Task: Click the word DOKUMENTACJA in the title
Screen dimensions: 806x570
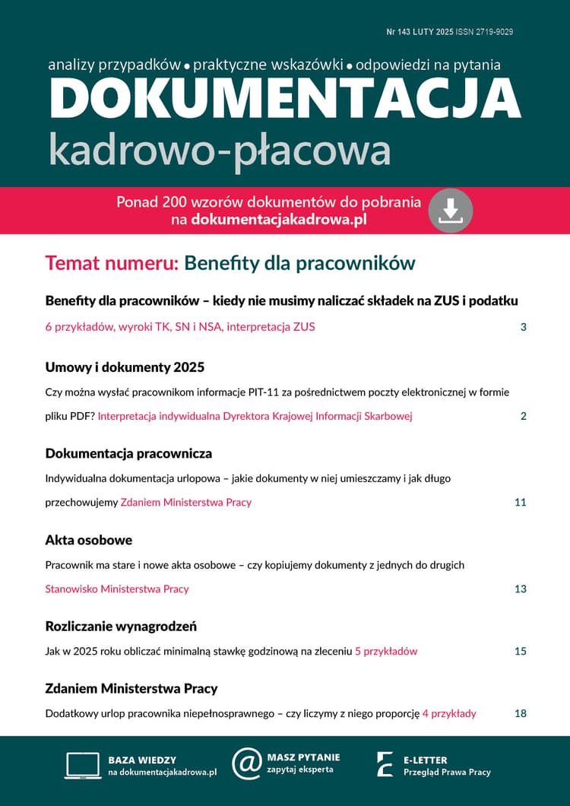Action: click(x=285, y=100)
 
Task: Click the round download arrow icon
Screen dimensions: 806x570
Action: click(x=451, y=211)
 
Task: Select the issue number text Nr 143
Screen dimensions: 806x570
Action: click(x=401, y=32)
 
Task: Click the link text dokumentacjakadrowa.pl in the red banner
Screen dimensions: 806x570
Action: click(x=279, y=220)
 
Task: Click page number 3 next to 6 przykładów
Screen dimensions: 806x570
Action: click(x=524, y=327)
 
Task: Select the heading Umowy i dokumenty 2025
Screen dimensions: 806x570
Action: click(x=125, y=367)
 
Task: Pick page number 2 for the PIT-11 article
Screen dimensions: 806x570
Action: click(x=524, y=416)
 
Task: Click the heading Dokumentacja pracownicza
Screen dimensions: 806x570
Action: click(x=128, y=454)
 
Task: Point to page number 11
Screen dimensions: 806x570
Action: click(x=520, y=503)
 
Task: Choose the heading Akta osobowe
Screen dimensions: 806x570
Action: click(x=89, y=540)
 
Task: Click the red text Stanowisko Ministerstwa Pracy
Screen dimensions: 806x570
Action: click(x=117, y=589)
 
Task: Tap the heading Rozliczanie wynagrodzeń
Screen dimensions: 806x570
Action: click(x=121, y=627)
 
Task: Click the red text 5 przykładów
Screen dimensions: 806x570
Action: click(x=386, y=652)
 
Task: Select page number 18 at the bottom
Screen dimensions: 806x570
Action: click(x=520, y=713)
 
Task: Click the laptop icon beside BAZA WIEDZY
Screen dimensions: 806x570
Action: click(x=82, y=765)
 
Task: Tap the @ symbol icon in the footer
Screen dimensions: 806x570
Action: click(x=246, y=763)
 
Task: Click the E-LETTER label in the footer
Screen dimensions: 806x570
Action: click(x=425, y=760)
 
